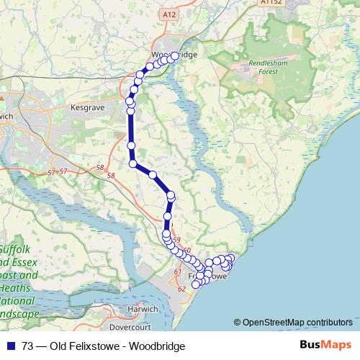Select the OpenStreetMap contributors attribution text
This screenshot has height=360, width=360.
click(295, 323)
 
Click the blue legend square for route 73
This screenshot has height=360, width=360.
click(12, 346)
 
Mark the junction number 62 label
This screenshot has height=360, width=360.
click(181, 288)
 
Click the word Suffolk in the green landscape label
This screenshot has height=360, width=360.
click(14, 249)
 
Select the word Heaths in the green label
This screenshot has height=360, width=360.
click(17, 288)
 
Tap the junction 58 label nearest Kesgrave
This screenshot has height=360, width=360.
click(99, 167)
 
